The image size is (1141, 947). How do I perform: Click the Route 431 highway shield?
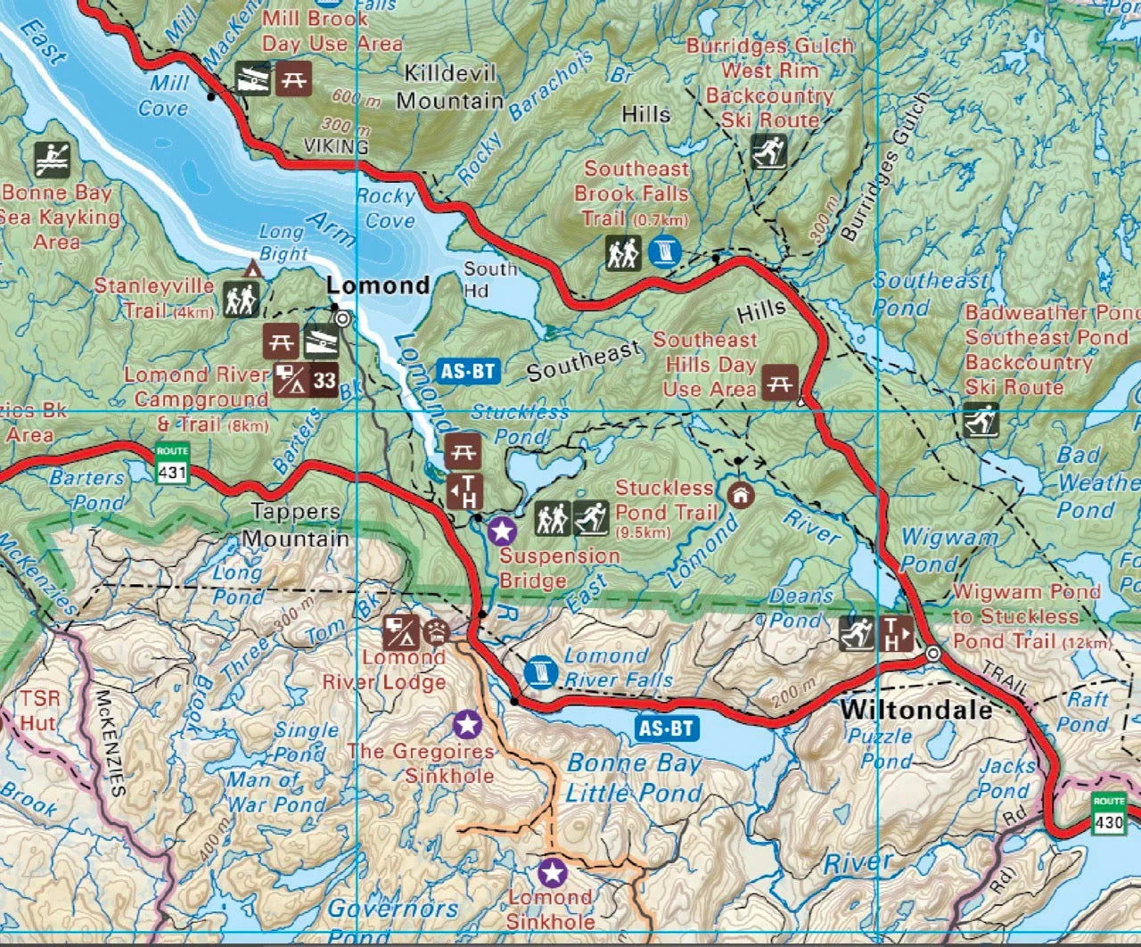(x=172, y=464)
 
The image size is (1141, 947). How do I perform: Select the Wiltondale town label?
(x=916, y=710)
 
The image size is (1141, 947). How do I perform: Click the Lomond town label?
(x=378, y=285)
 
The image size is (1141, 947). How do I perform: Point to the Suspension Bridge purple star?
(x=503, y=532)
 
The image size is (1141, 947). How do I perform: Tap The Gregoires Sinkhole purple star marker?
(x=466, y=724)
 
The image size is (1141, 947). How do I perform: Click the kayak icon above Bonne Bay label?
(x=53, y=160)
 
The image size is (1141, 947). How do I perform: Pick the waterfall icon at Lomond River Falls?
(x=539, y=672)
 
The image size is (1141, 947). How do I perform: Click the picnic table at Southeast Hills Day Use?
(x=780, y=381)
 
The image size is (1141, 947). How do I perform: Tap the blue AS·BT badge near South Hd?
(x=469, y=370)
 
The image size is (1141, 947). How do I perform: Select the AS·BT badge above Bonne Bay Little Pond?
(x=667, y=728)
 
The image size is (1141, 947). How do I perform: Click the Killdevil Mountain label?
(x=450, y=86)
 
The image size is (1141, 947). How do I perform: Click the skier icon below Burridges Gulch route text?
(x=768, y=152)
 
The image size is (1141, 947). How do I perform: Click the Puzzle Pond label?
(x=880, y=747)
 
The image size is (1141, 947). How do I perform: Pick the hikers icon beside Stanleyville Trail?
(x=242, y=299)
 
